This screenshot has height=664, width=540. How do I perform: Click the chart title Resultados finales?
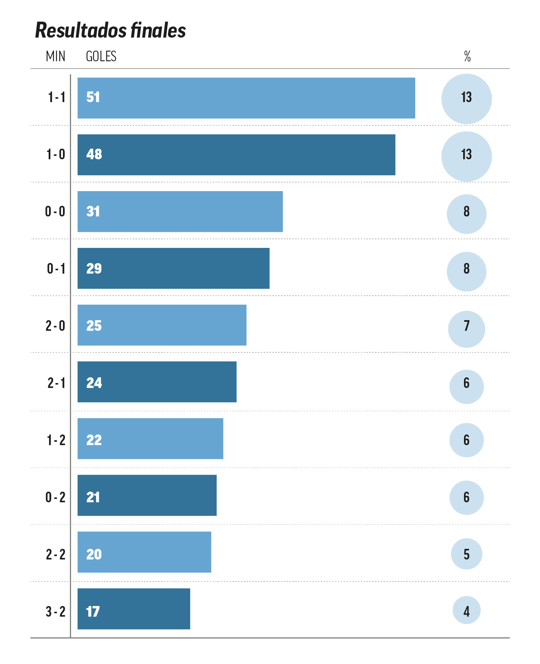point(110,31)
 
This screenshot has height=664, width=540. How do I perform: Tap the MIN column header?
point(56,56)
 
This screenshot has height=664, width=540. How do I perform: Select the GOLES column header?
point(101,56)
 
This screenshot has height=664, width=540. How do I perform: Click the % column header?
point(467,56)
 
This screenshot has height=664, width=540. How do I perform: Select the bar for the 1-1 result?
point(246,98)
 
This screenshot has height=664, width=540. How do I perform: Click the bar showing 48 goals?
point(236,155)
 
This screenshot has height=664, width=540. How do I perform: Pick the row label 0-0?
point(55,212)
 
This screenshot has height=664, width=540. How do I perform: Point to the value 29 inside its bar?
point(94,268)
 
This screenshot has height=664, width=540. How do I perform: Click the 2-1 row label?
point(56,383)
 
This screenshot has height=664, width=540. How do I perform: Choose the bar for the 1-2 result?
point(150,439)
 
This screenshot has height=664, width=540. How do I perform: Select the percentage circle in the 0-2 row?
point(466,497)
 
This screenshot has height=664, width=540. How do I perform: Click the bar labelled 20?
point(144,552)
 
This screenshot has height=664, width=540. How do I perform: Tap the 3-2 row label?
point(56,612)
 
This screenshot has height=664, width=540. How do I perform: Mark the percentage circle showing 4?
point(466,611)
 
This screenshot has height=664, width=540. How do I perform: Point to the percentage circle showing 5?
point(466,554)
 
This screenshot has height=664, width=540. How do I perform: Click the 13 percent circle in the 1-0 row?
point(466,156)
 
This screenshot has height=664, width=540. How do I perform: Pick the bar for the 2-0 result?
point(162,325)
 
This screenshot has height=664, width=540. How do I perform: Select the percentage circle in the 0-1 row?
point(466,272)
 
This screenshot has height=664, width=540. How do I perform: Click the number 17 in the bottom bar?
point(93,611)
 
